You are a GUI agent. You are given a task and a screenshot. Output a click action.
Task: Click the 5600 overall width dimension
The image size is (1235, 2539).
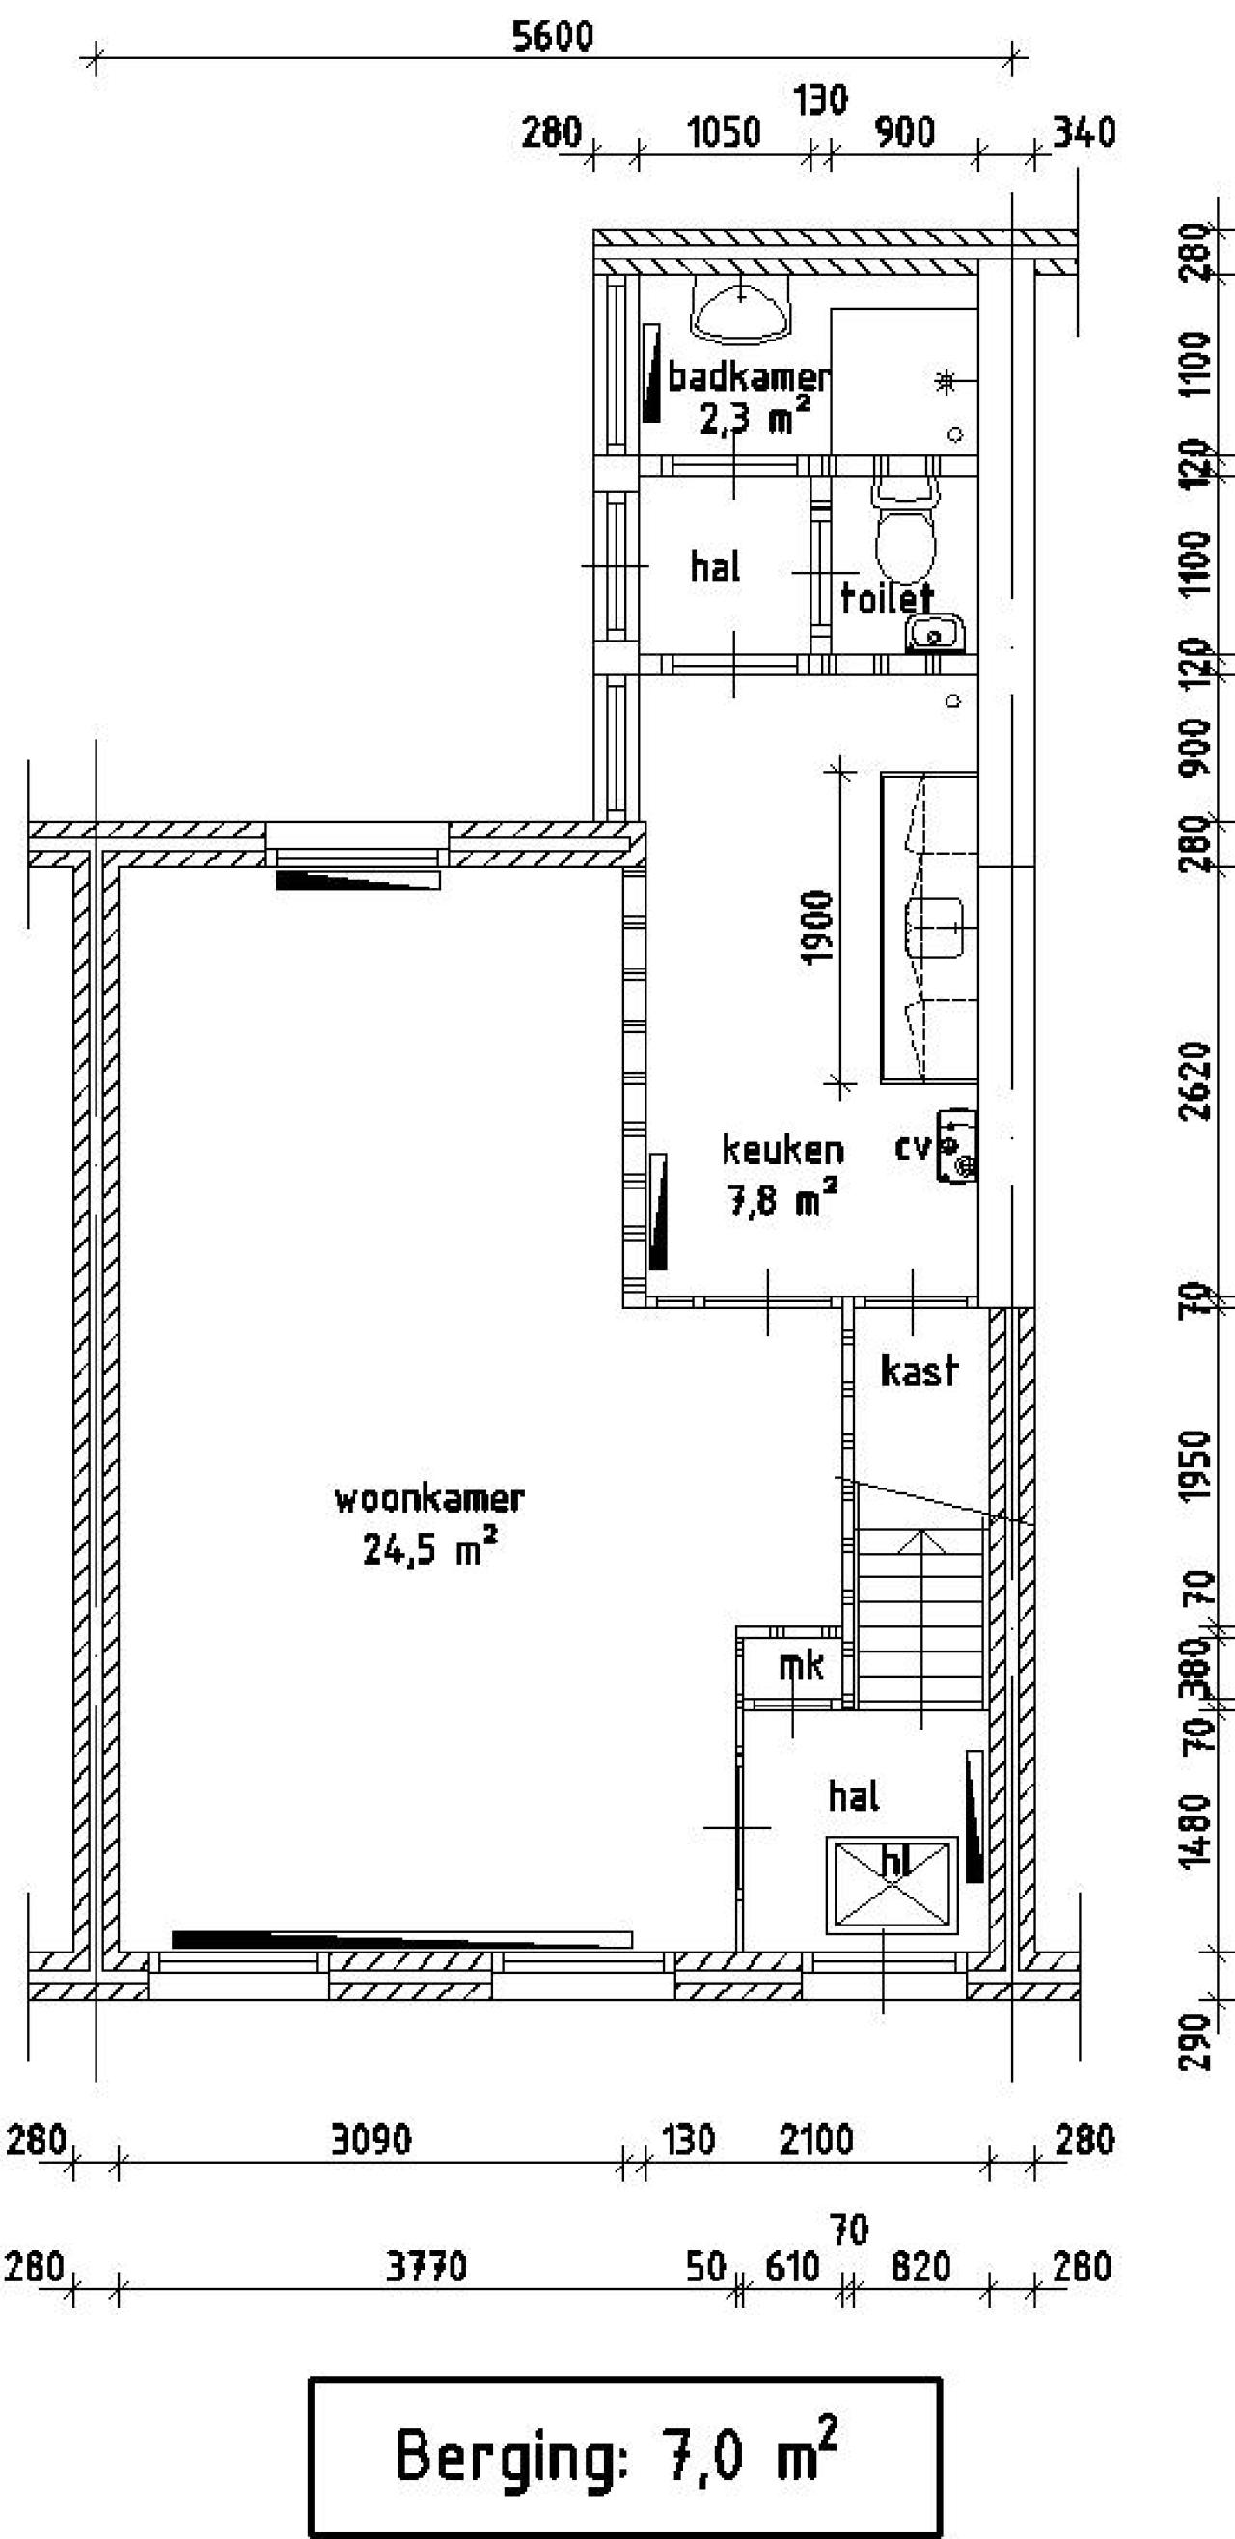pyautogui.click(x=553, y=38)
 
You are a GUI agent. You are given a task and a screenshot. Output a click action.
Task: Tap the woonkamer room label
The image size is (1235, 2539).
pyautogui.click(x=429, y=1499)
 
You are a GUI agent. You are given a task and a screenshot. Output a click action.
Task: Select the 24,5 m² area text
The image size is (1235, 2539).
pyautogui.click(x=429, y=1547)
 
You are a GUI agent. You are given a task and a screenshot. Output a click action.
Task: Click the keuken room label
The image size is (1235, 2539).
pyautogui.click(x=782, y=1149)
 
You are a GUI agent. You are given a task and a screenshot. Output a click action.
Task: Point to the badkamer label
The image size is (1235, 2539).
pyautogui.click(x=749, y=376)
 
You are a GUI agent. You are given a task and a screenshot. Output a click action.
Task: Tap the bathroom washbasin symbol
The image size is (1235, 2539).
pyautogui.click(x=741, y=310)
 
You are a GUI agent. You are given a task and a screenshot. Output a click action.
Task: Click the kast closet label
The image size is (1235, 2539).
pyautogui.click(x=919, y=1371)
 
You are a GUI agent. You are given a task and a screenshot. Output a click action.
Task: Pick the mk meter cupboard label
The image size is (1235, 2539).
pyautogui.click(x=802, y=1666)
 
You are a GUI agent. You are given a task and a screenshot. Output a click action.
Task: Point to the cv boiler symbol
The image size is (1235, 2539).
pyautogui.click(x=956, y=1145)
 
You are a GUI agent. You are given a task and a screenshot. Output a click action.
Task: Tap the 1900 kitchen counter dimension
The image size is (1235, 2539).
pyautogui.click(x=818, y=928)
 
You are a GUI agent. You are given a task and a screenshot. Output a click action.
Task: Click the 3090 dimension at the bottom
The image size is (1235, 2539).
pyautogui.click(x=370, y=2140)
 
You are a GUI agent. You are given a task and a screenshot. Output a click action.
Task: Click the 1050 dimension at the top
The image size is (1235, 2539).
pyautogui.click(x=724, y=132)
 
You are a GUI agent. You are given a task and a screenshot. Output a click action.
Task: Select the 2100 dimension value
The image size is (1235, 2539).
pyautogui.click(x=815, y=2140)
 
